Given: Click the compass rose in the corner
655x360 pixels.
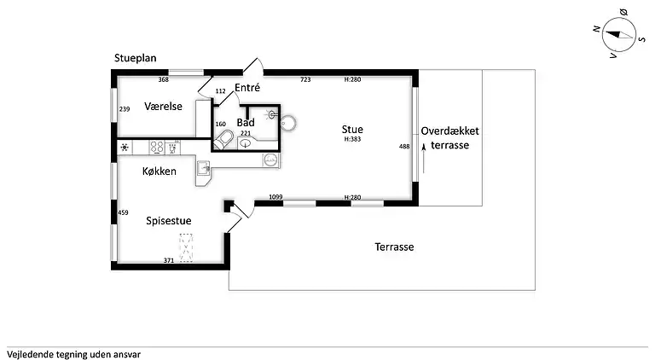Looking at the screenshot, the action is tap(618, 35).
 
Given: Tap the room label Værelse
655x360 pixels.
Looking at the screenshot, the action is tap(164, 106).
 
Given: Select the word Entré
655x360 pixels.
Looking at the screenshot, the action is tap(247, 87).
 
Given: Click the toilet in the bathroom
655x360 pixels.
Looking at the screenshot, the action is tap(224, 140).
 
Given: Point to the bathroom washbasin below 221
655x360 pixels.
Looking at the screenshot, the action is tap(246, 143).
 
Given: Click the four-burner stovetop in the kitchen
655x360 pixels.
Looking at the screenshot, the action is tap(157, 147).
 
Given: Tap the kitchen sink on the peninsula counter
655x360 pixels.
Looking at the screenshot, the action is tap(205, 168).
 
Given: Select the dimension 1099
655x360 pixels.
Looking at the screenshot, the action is tap(275, 197).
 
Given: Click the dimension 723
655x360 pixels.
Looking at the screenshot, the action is tap(305, 79).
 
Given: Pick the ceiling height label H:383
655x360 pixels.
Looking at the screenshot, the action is tap(352, 139).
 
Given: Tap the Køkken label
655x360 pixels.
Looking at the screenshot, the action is tap(159, 171).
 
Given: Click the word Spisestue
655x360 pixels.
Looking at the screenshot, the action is tap(169, 220).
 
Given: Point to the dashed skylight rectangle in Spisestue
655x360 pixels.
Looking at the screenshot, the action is tap(186, 247).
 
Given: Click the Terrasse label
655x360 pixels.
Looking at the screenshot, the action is tap(394, 247).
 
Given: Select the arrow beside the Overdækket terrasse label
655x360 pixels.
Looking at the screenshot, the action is tap(424, 158).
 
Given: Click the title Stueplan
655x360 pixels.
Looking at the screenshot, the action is tap(136, 58).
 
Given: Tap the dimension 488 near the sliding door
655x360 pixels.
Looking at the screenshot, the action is tap(404, 146).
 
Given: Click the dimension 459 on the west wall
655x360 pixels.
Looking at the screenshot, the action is tap(123, 212).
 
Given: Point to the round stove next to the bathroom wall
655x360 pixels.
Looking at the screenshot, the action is tap(288, 123).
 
